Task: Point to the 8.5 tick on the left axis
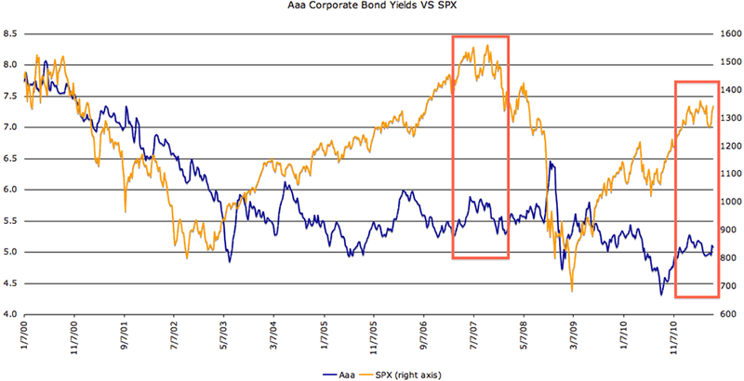click(x=12, y=33)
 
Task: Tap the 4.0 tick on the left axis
click(x=12, y=314)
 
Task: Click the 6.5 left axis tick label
click(x=12, y=159)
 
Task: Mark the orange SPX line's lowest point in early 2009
click(x=571, y=291)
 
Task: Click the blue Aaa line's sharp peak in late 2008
click(x=551, y=163)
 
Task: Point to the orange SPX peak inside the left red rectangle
click(x=487, y=46)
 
